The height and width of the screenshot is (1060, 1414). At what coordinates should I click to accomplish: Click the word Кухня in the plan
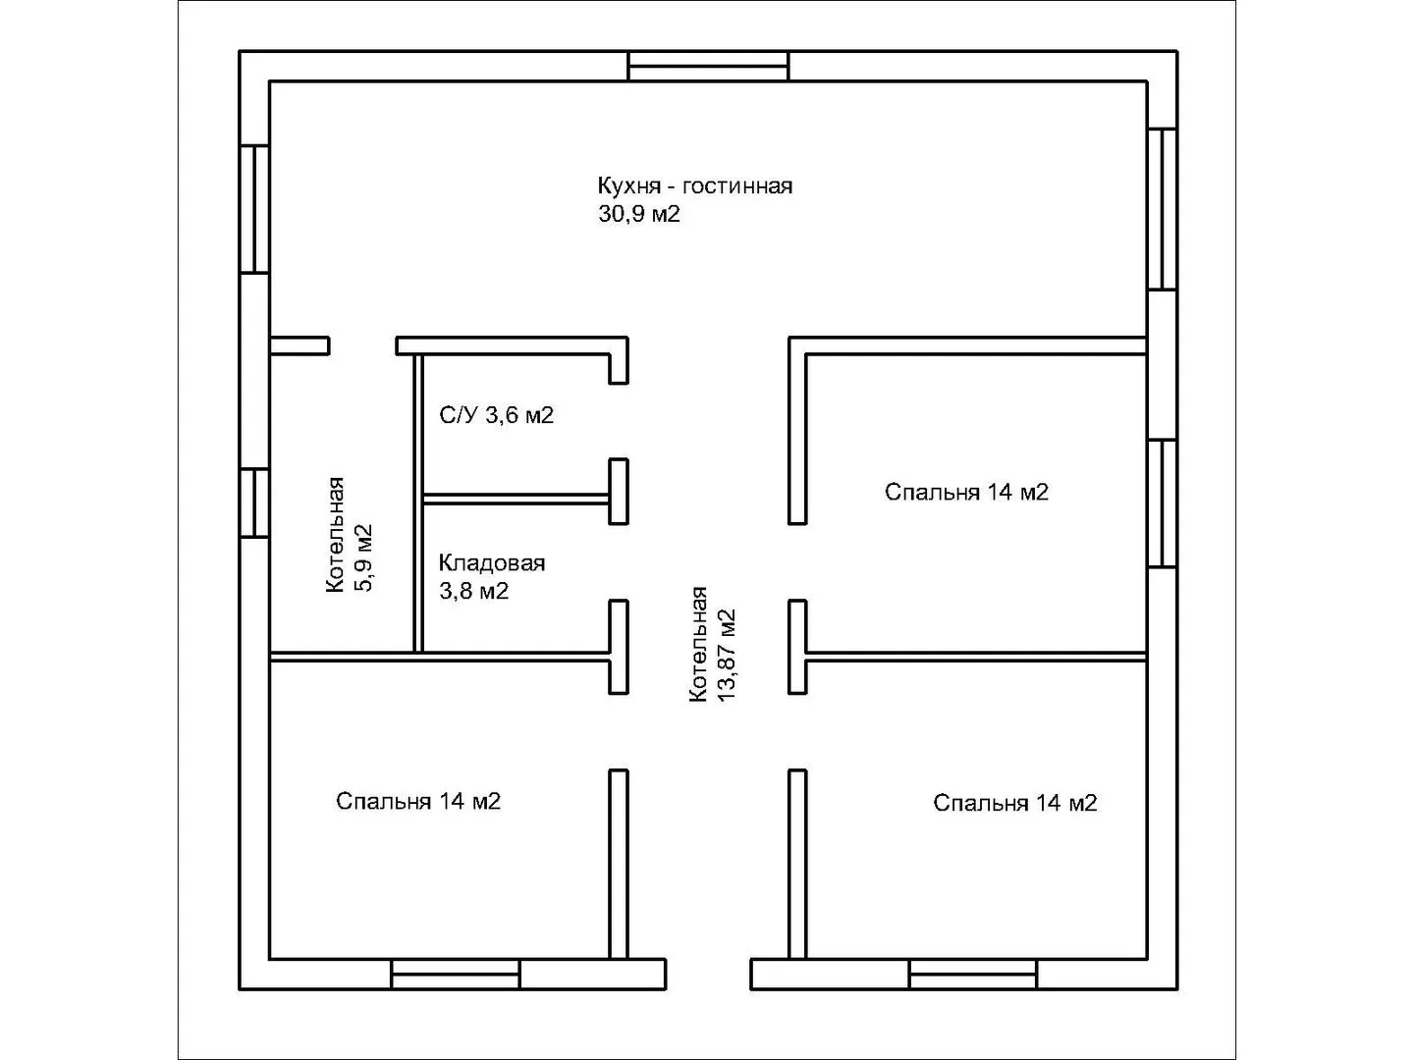point(628,186)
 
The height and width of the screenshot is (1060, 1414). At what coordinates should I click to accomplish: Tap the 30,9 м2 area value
point(638,214)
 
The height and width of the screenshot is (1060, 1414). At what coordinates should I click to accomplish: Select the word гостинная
point(737,186)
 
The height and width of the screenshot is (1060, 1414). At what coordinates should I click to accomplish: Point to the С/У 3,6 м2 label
point(496,415)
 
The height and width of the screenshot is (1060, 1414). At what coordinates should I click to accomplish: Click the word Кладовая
point(492,563)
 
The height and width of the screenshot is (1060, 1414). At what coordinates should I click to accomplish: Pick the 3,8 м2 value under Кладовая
point(473,591)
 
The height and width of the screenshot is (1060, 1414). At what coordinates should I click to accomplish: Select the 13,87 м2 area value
point(726,656)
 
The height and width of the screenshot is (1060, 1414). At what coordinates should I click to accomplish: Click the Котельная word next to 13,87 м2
point(698,644)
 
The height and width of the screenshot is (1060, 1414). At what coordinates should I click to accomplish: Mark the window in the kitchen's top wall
point(708,67)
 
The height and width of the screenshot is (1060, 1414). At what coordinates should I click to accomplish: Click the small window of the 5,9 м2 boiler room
point(254,503)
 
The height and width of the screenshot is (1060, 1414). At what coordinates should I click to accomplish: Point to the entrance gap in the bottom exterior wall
point(708,974)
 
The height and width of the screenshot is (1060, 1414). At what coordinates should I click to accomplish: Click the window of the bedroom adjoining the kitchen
point(1162,503)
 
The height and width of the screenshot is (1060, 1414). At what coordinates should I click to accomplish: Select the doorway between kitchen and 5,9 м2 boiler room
point(362,345)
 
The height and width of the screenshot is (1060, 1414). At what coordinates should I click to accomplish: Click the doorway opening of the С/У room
point(619,422)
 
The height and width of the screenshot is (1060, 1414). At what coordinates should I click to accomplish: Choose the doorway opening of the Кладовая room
point(619,562)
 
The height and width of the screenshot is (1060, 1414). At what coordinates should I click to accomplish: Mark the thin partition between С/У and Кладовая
point(516,499)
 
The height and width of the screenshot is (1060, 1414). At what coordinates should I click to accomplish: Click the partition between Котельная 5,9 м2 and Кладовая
point(418,503)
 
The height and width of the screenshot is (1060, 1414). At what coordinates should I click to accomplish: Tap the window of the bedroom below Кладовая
point(456,974)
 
